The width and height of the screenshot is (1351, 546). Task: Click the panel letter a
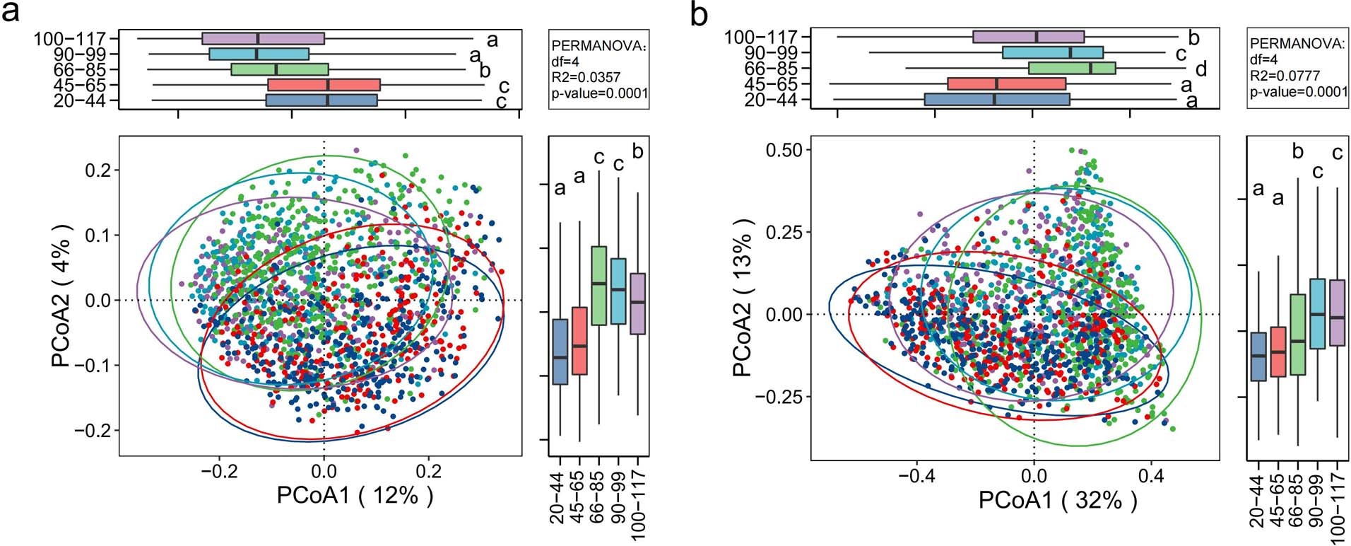coord(11,14)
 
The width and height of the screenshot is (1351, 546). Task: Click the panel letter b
coord(698,14)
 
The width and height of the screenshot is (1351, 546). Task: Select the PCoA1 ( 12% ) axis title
coord(355,495)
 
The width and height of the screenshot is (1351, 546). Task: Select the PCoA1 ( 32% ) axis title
coord(1058,500)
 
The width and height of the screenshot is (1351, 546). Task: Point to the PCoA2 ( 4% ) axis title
coord(62,296)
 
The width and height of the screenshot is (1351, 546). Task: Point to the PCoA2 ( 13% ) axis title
coord(743,298)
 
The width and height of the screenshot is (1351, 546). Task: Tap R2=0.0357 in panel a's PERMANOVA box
coord(584,77)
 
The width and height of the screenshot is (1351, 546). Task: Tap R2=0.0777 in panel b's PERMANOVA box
coord(1282,76)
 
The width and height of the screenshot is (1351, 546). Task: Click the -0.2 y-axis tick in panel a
coord(95,431)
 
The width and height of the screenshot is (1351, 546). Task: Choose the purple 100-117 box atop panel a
coord(263,38)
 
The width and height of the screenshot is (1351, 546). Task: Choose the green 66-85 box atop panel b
coord(1072,68)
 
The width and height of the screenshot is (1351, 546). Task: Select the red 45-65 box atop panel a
coord(324,85)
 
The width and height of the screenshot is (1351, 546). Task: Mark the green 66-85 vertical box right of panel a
coord(598,285)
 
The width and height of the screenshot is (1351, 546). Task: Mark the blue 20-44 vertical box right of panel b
coord(1258,356)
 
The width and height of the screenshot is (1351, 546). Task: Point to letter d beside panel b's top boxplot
coord(1200,69)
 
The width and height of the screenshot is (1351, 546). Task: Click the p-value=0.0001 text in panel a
coord(599,93)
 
